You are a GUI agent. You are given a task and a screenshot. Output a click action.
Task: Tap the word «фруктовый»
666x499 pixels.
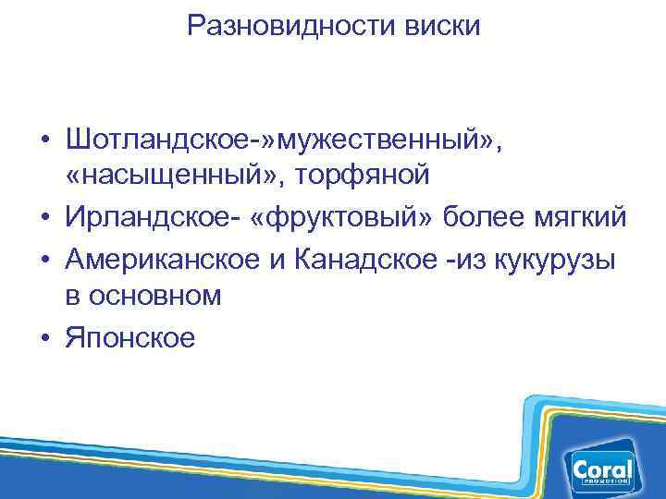click(339, 218)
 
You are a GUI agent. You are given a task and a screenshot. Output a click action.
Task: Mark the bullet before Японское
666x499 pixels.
click(44, 338)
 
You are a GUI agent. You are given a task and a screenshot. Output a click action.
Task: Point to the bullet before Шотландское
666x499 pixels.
click(44, 140)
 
